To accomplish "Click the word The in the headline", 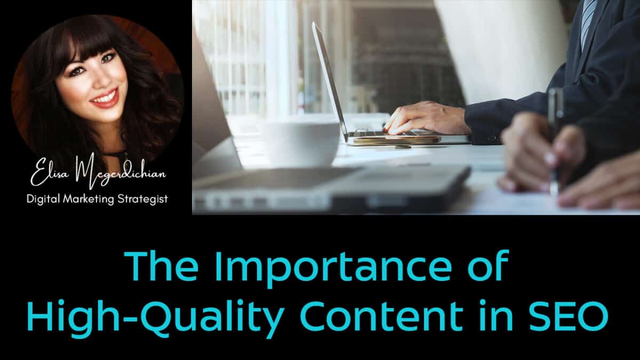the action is click(162, 266).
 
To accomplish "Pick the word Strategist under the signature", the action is click(142, 199).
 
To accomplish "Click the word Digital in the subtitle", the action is click(43, 199).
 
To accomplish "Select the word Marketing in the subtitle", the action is click(89, 199).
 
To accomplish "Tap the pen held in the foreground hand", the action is click(555, 140).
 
